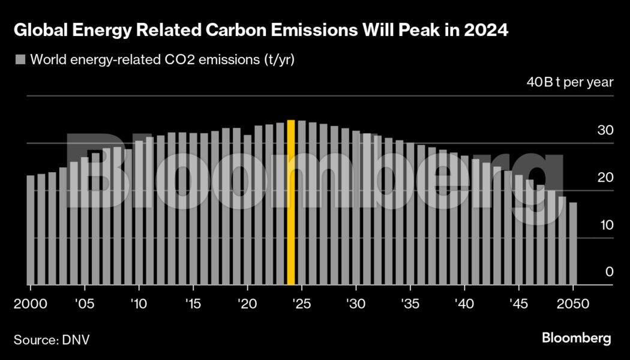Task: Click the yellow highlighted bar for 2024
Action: point(291,203)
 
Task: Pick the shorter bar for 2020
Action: point(247,210)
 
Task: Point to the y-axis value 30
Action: point(606,130)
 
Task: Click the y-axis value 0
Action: point(610,272)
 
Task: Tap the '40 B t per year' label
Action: point(570,82)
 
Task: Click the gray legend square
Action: point(20,59)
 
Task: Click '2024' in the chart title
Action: point(490,31)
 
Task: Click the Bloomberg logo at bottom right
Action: point(576,338)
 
